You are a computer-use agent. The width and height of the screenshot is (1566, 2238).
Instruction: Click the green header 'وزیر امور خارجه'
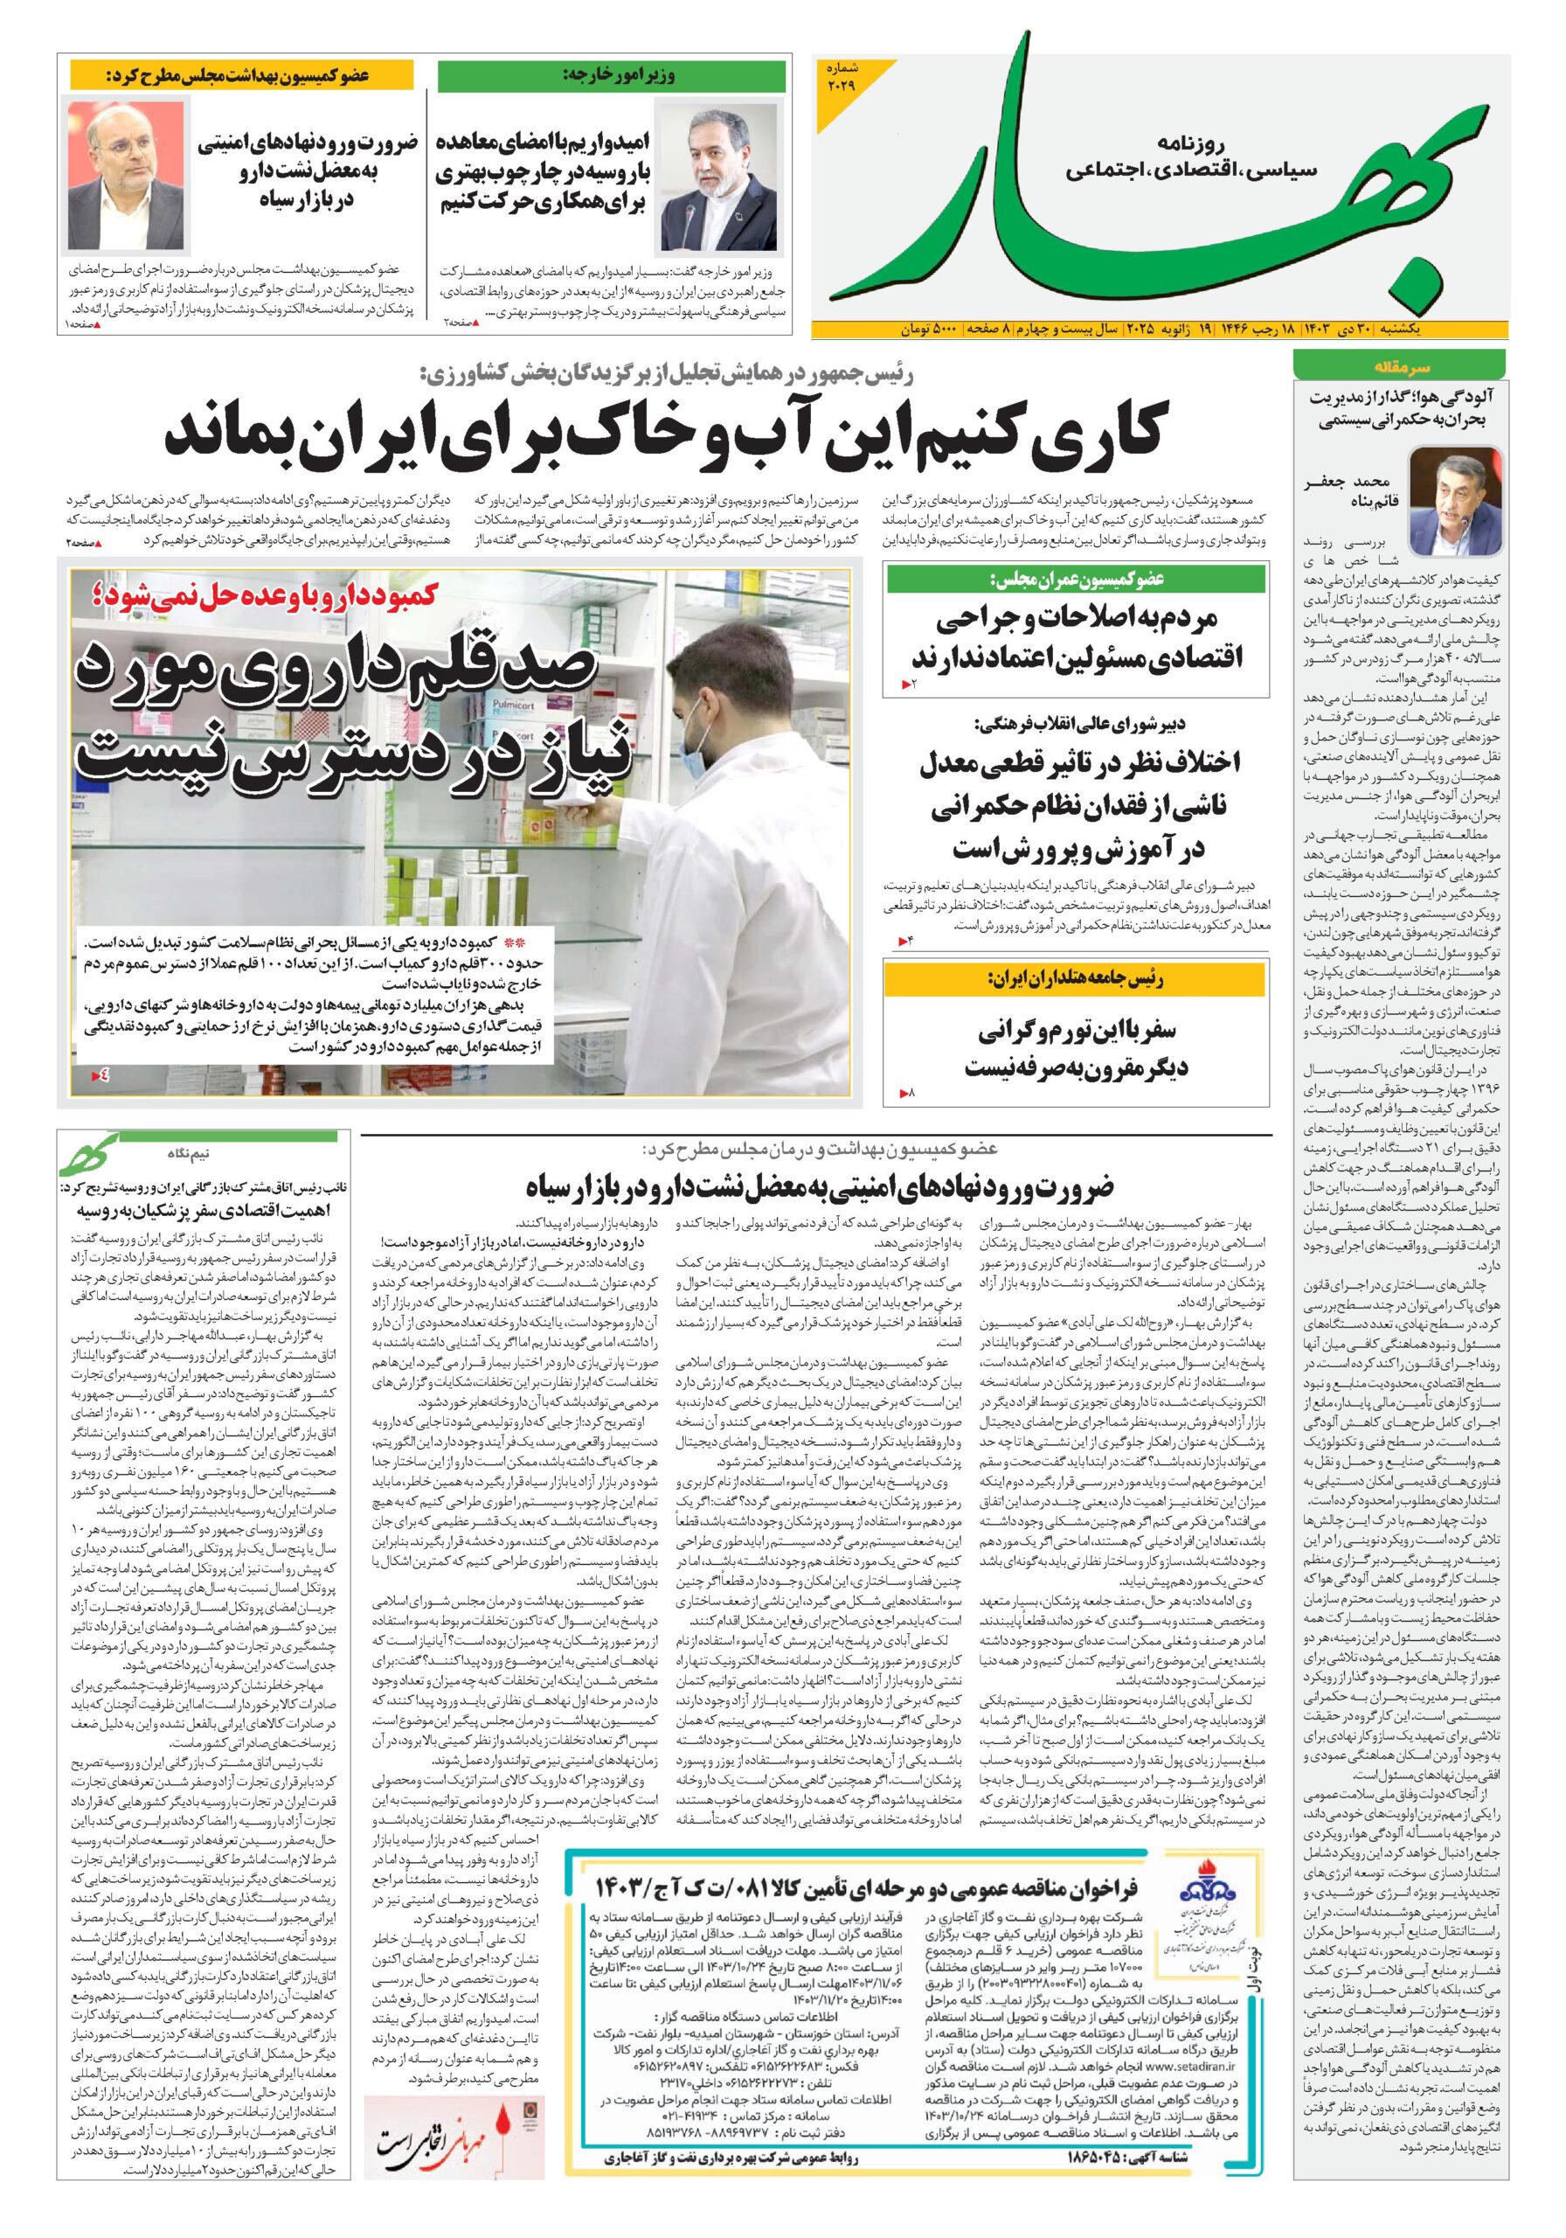pyautogui.click(x=611, y=76)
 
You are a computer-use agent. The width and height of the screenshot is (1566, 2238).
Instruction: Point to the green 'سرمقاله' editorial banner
pyautogui.click(x=1399, y=367)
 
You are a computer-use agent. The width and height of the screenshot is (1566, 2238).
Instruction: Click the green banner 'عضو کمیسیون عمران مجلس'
pyautogui.click(x=1076, y=579)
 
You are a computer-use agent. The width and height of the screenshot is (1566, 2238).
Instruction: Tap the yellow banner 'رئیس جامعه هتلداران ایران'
pyautogui.click(x=1076, y=977)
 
